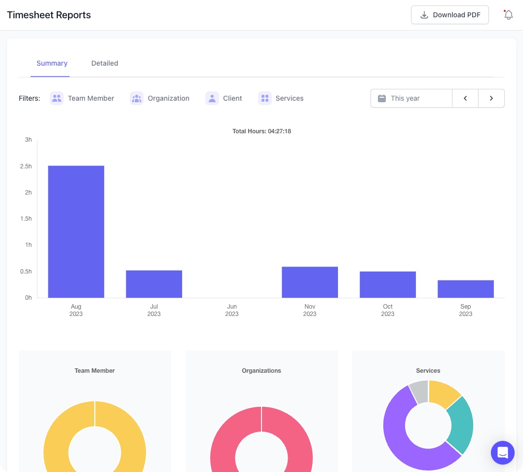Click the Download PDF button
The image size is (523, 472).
click(x=449, y=15)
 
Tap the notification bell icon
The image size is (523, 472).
click(x=508, y=15)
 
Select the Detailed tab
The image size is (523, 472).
click(x=105, y=63)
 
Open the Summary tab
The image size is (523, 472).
click(x=52, y=63)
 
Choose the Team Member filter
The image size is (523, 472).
click(x=82, y=98)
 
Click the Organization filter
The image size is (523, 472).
click(x=160, y=98)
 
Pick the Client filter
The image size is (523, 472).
click(x=224, y=98)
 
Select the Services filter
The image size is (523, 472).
click(x=281, y=98)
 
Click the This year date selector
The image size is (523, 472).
click(x=411, y=98)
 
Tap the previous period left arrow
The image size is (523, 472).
click(x=465, y=98)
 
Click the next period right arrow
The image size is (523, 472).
click(x=491, y=98)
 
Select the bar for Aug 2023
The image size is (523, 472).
click(x=76, y=232)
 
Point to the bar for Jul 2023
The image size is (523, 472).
click(x=154, y=284)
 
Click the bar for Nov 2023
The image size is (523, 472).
click(x=310, y=282)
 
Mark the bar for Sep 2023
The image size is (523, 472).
click(x=466, y=289)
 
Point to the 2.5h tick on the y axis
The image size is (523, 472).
click(x=26, y=166)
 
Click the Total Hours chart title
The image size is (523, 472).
click(x=261, y=131)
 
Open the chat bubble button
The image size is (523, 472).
click(x=503, y=452)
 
